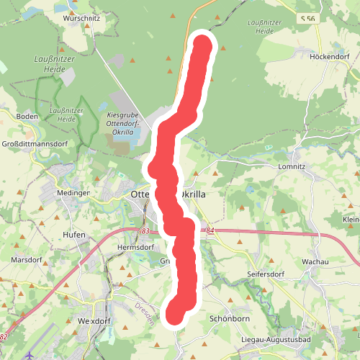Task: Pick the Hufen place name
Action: [x=74, y=235]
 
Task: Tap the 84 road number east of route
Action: [x=210, y=230]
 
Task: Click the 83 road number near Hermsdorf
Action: [x=146, y=231]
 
